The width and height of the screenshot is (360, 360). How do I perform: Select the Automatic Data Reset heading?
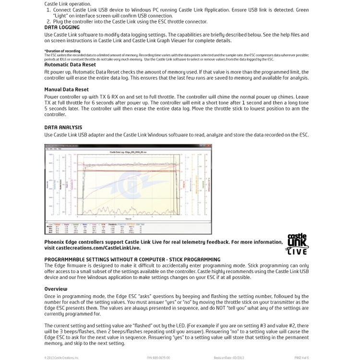pos(70,64)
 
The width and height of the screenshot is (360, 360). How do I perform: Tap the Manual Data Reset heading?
pos(66,89)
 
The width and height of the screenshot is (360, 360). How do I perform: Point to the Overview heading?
pos(56,289)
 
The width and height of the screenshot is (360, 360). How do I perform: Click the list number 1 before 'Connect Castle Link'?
pos(48,10)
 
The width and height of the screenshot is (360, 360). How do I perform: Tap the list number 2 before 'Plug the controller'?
pos(48,22)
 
